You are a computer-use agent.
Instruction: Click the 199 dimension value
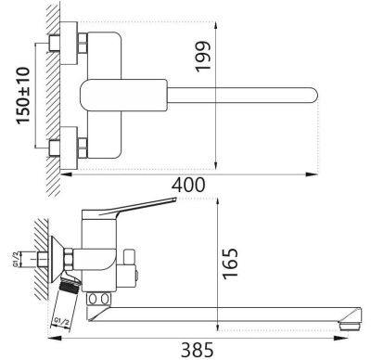(203, 57)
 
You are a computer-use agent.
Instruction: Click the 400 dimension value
(188, 185)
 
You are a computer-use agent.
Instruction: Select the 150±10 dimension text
(24, 96)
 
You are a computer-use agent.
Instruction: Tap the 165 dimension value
(231, 264)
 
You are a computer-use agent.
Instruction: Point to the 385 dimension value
(198, 350)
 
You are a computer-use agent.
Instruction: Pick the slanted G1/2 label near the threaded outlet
(61, 323)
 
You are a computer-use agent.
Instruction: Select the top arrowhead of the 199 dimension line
(216, 25)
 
